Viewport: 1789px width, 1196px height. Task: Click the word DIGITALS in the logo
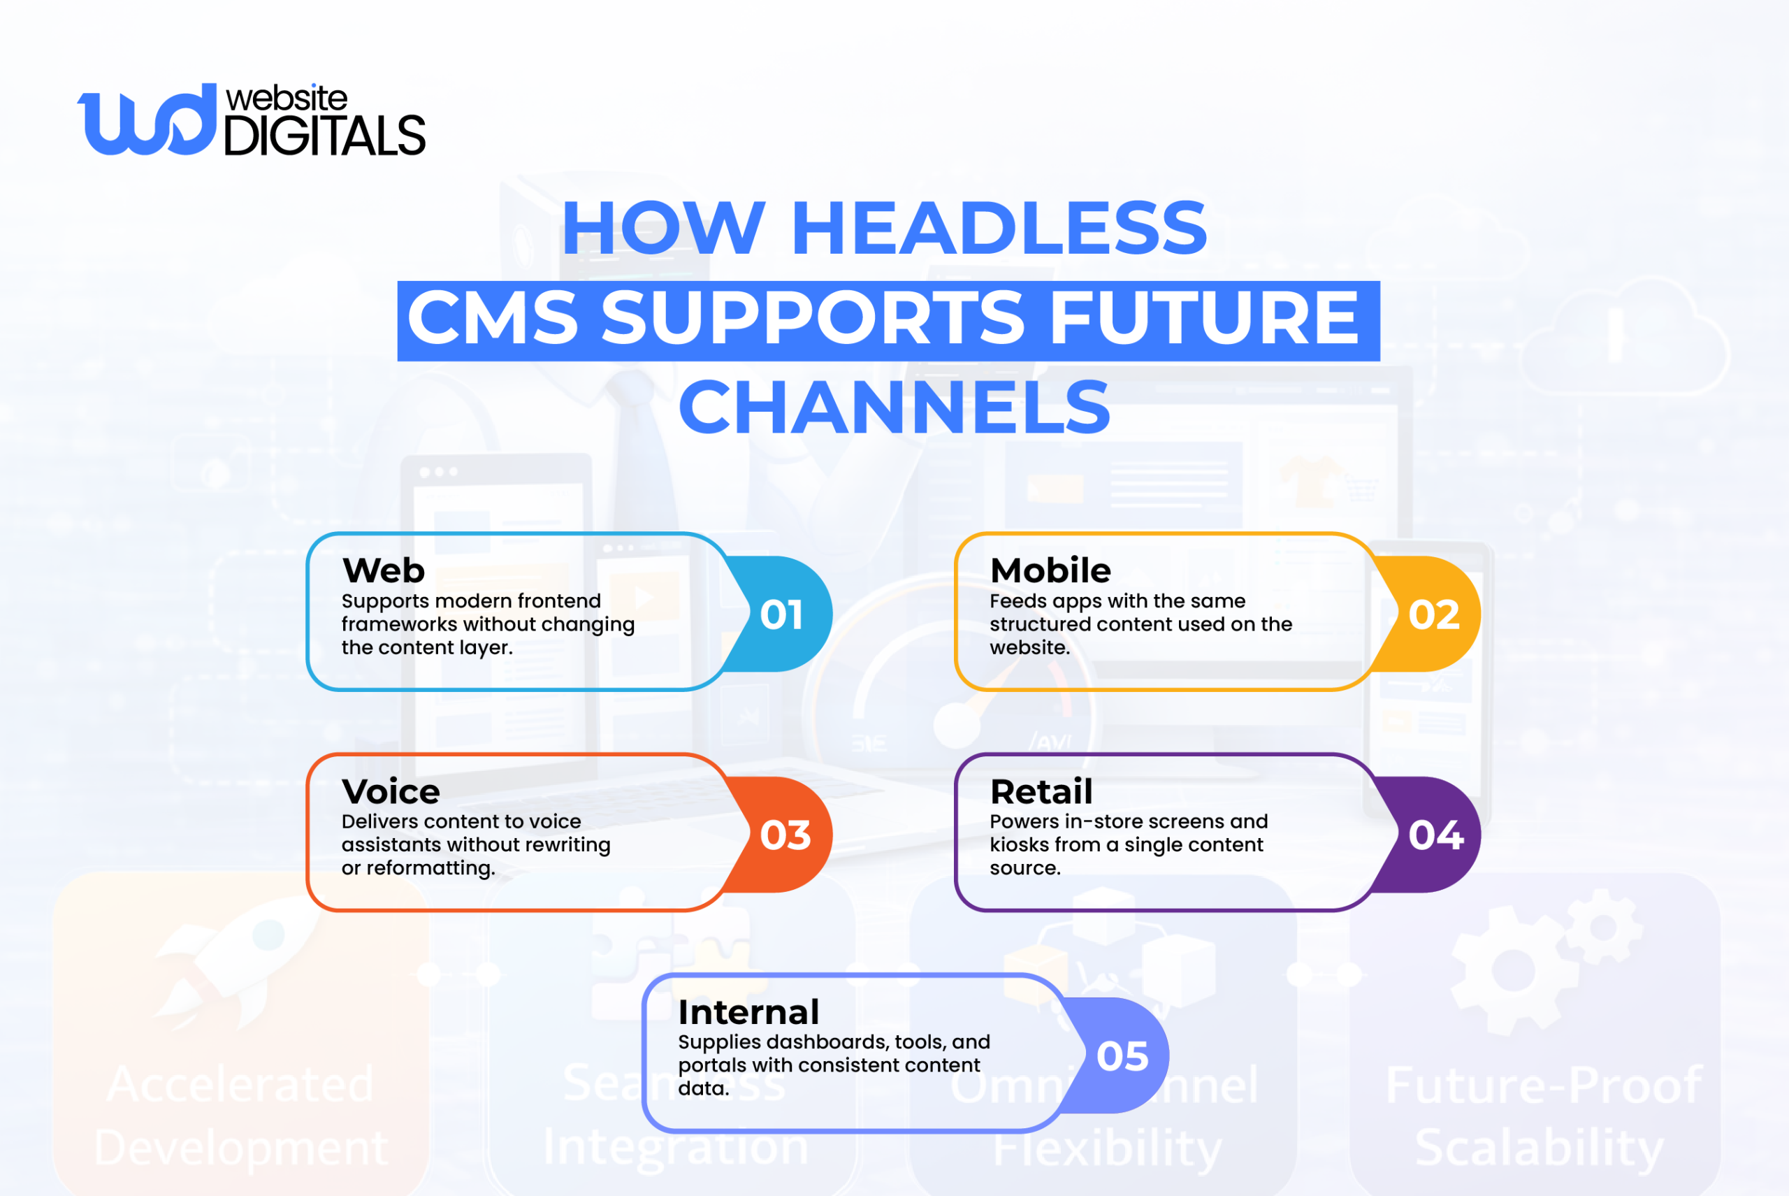click(324, 136)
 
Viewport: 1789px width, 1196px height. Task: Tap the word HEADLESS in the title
click(999, 228)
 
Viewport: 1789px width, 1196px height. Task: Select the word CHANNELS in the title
click(894, 408)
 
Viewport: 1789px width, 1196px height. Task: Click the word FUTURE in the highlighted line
click(1203, 319)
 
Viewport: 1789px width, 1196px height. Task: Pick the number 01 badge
click(781, 615)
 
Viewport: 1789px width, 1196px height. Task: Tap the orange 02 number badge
click(1433, 615)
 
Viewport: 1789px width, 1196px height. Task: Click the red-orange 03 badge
click(785, 835)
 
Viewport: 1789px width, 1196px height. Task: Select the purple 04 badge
click(1435, 835)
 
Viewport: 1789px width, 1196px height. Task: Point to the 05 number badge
click(1122, 1056)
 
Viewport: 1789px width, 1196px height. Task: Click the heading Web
click(384, 570)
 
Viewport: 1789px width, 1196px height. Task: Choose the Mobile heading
click(1050, 570)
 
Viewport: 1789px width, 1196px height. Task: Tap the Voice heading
click(391, 792)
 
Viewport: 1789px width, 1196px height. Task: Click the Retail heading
click(1041, 792)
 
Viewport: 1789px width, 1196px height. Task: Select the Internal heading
click(748, 1013)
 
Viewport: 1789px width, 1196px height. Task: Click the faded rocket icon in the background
click(236, 961)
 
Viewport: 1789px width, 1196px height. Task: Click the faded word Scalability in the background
click(1538, 1148)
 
